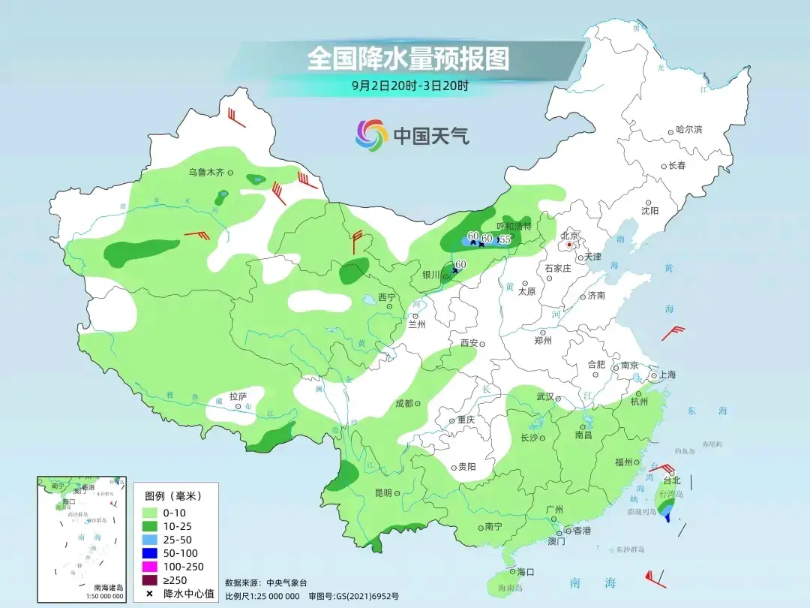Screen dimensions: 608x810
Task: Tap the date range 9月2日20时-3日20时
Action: (409, 86)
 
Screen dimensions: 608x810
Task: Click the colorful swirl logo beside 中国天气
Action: (371, 135)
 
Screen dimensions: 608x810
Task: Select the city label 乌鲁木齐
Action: (206, 173)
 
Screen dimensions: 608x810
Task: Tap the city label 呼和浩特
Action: (514, 226)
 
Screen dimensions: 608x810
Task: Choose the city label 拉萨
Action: (238, 396)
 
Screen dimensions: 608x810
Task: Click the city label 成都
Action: (404, 403)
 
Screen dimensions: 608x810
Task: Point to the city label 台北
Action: (672, 480)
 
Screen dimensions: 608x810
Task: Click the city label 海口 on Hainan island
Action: (525, 572)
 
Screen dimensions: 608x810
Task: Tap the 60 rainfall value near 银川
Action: (460, 264)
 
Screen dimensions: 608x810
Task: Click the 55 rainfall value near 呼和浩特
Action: (505, 239)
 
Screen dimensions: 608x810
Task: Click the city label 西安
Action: (469, 343)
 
